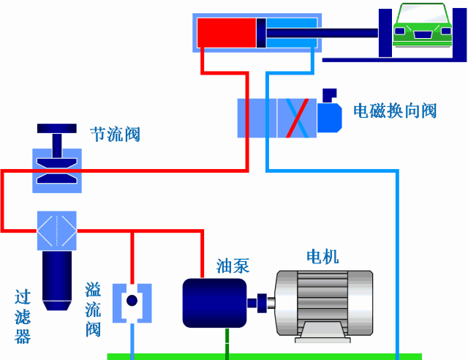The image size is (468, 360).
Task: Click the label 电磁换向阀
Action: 395,110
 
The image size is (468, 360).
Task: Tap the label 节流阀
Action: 115,134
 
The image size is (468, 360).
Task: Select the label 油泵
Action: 233,266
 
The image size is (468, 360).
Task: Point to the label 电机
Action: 322,257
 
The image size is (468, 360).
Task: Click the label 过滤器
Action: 23,317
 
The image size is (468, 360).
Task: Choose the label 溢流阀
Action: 93,310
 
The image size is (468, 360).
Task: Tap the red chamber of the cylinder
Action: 226,33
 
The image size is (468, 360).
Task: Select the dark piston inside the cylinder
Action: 260,33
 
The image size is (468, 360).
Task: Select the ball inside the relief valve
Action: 132,301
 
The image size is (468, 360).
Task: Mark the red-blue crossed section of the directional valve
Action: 296,117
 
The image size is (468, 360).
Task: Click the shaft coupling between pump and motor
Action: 260,301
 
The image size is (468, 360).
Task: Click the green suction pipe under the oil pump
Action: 227,341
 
